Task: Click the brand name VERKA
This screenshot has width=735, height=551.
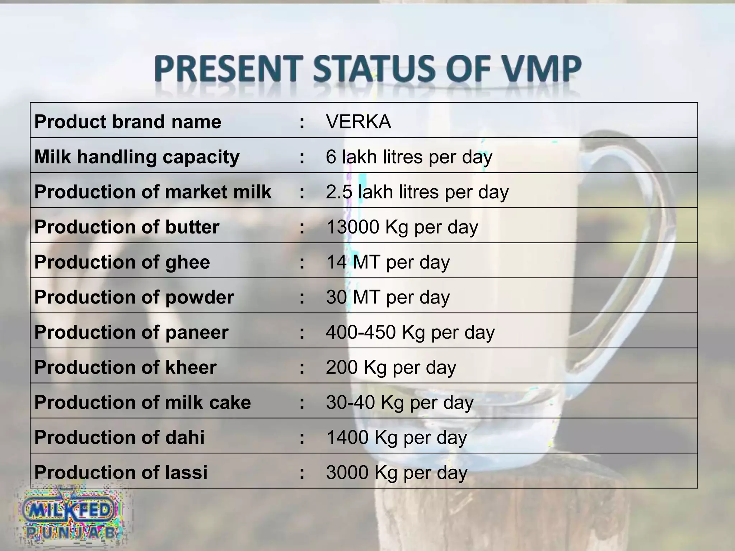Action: tap(358, 122)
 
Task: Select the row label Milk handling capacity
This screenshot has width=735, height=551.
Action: tap(137, 157)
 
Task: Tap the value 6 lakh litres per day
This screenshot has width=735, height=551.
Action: tap(409, 157)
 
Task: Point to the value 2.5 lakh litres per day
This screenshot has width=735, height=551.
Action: tap(417, 192)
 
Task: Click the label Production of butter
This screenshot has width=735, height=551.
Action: tap(127, 227)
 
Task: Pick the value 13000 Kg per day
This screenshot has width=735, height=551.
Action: tap(402, 227)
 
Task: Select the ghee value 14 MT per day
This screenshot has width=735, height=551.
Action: tap(388, 262)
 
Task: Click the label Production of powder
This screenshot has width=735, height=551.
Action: tap(134, 297)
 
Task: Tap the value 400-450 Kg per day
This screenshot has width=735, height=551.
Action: tap(410, 332)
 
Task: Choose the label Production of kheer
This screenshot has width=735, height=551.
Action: tap(125, 367)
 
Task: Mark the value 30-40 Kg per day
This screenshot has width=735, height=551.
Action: tap(400, 402)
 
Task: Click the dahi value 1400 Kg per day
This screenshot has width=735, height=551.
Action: tap(396, 437)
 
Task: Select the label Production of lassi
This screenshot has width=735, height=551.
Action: tap(121, 472)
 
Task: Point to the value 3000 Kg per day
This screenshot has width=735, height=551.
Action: tap(397, 472)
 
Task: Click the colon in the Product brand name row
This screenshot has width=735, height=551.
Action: tap(302, 122)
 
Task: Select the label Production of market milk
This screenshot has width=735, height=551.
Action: tap(153, 192)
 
